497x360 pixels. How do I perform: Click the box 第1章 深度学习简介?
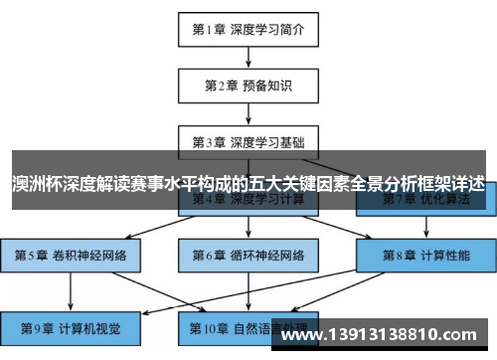[x=248, y=29]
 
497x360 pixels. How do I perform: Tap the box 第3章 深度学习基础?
[x=248, y=142]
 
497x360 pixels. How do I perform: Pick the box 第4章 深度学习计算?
[x=248, y=200]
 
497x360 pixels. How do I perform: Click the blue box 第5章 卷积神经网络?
[x=71, y=256]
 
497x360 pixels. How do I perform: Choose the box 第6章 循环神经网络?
[x=248, y=256]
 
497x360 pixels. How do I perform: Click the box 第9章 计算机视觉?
[x=71, y=325]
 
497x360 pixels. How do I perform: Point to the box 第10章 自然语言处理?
[x=248, y=325]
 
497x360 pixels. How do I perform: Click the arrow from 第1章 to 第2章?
[x=248, y=57]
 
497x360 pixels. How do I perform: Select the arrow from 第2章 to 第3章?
[x=248, y=113]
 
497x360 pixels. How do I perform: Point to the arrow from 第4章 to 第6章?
[x=248, y=228]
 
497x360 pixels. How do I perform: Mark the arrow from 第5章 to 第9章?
[x=71, y=290]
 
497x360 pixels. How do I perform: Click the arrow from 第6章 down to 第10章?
[x=248, y=290]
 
